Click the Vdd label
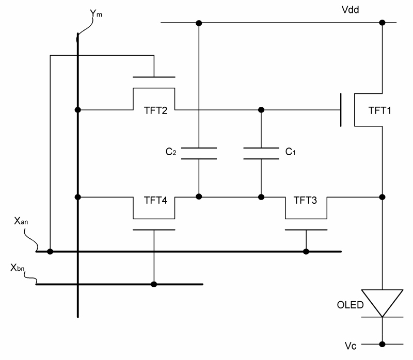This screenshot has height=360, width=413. pos(350,10)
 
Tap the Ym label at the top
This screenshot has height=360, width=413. pos(96,13)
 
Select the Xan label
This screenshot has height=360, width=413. pos(21,221)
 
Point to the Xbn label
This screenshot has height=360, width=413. pos(18,268)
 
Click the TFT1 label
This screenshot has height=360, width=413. pos(379,110)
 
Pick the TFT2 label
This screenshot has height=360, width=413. pos(155,110)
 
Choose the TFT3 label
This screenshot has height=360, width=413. pos(305,200)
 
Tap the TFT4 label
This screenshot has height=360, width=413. pos(155,200)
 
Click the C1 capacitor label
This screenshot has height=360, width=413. pos(290,152)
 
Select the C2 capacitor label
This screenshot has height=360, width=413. pos(171,152)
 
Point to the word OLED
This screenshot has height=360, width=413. pos(351,305)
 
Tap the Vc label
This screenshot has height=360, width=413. pos(351,346)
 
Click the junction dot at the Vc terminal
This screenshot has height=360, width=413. pos(382,344)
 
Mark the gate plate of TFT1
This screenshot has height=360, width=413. pos(341,110)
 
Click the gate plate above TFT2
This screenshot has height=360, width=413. pos(154,77)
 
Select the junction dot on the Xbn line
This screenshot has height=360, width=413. pos(154,284)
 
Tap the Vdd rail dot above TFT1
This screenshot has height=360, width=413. pos(382,23)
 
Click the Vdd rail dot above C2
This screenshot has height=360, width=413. pos(199,23)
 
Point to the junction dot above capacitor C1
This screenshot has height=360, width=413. pos(261,110)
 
